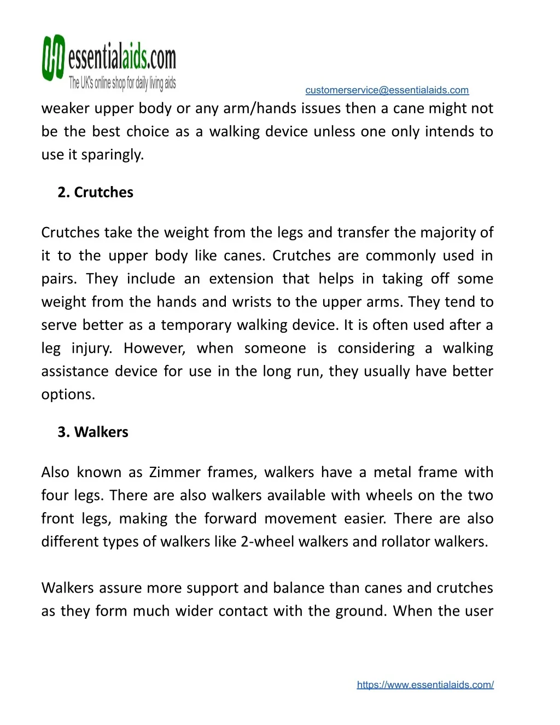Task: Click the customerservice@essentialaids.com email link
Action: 387,90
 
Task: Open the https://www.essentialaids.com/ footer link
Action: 425,685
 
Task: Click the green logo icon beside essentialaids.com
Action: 54,58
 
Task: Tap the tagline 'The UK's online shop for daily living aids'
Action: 122,83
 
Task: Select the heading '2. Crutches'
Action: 96,193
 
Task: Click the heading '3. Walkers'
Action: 93,432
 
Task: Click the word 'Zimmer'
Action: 175,472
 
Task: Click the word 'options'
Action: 67,395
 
